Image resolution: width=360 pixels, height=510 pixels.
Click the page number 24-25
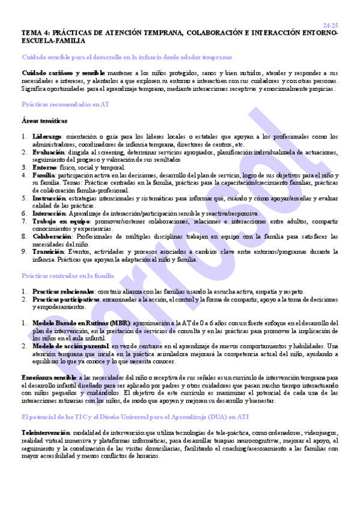(x=330, y=25)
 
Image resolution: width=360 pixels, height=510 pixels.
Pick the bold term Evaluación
(x=49, y=152)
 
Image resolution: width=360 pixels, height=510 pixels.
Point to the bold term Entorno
(x=44, y=167)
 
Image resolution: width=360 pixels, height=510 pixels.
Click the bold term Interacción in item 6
(x=50, y=213)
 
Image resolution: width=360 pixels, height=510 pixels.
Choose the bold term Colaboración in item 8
(x=53, y=236)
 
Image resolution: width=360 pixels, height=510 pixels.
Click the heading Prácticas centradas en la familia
(x=68, y=275)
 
